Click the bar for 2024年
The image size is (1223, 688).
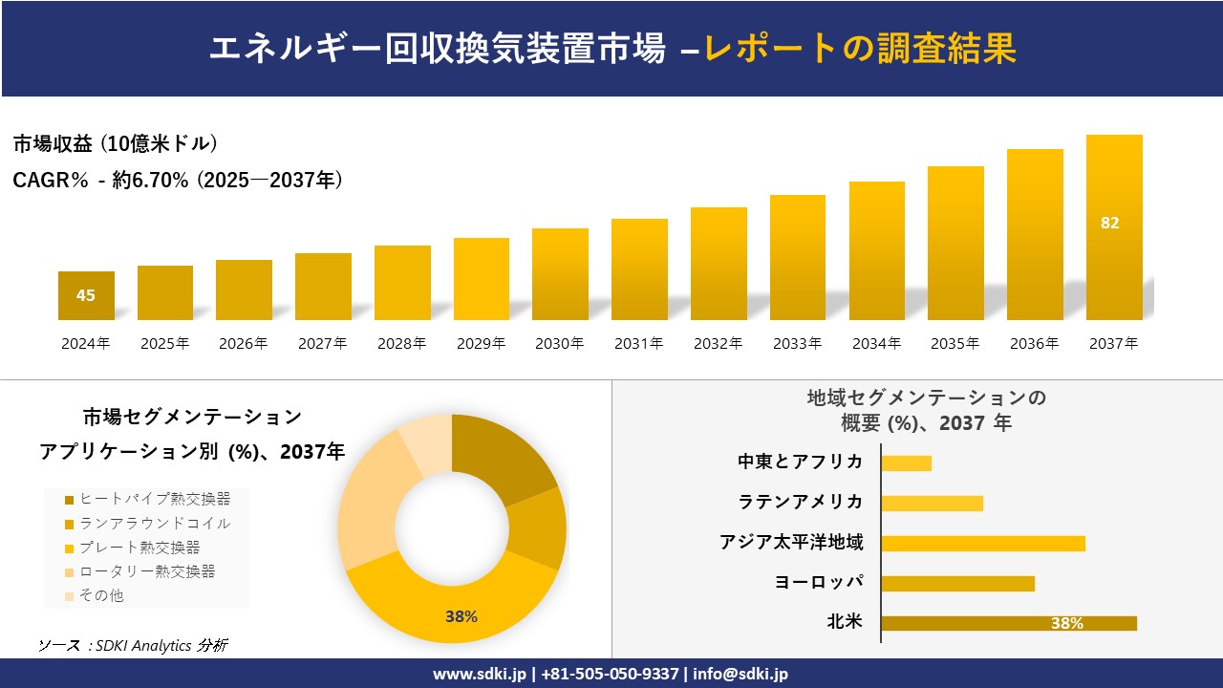(86, 295)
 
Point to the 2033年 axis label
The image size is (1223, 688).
(797, 344)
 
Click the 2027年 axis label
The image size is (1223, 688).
(322, 344)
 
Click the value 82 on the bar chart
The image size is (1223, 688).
(1109, 223)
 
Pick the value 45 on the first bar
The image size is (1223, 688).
(86, 295)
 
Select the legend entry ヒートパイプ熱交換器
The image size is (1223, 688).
(147, 499)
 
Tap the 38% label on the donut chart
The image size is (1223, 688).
(461, 616)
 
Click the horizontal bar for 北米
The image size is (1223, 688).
(1008, 623)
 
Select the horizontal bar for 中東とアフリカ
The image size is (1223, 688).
(906, 463)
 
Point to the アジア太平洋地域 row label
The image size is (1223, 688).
(791, 543)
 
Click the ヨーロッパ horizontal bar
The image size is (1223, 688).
(957, 583)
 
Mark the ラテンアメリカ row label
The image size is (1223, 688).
(800, 502)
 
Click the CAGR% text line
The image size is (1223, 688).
(178, 180)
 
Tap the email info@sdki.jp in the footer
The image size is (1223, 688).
(742, 674)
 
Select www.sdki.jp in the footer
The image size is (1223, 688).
(480, 674)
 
